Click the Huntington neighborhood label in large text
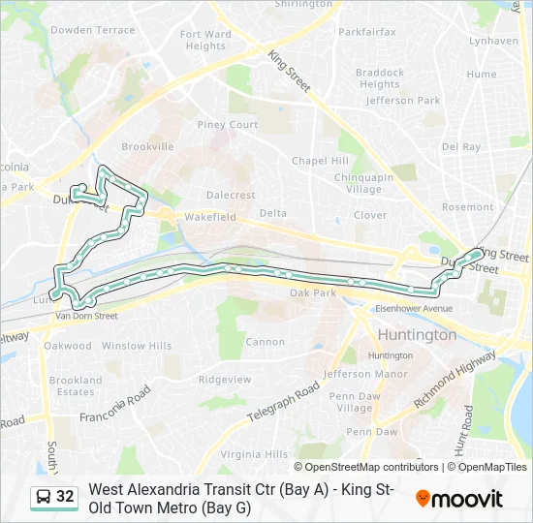coord(416,335)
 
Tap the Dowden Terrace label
coord(93,30)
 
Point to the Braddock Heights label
coord(379,78)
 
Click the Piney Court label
coord(228,125)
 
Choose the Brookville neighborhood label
coord(147,147)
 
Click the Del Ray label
coord(460,147)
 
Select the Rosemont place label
coord(467,207)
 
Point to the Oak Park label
coord(313,293)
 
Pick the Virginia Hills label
coord(254,453)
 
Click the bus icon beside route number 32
coord(44,497)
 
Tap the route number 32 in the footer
coord(65,497)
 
